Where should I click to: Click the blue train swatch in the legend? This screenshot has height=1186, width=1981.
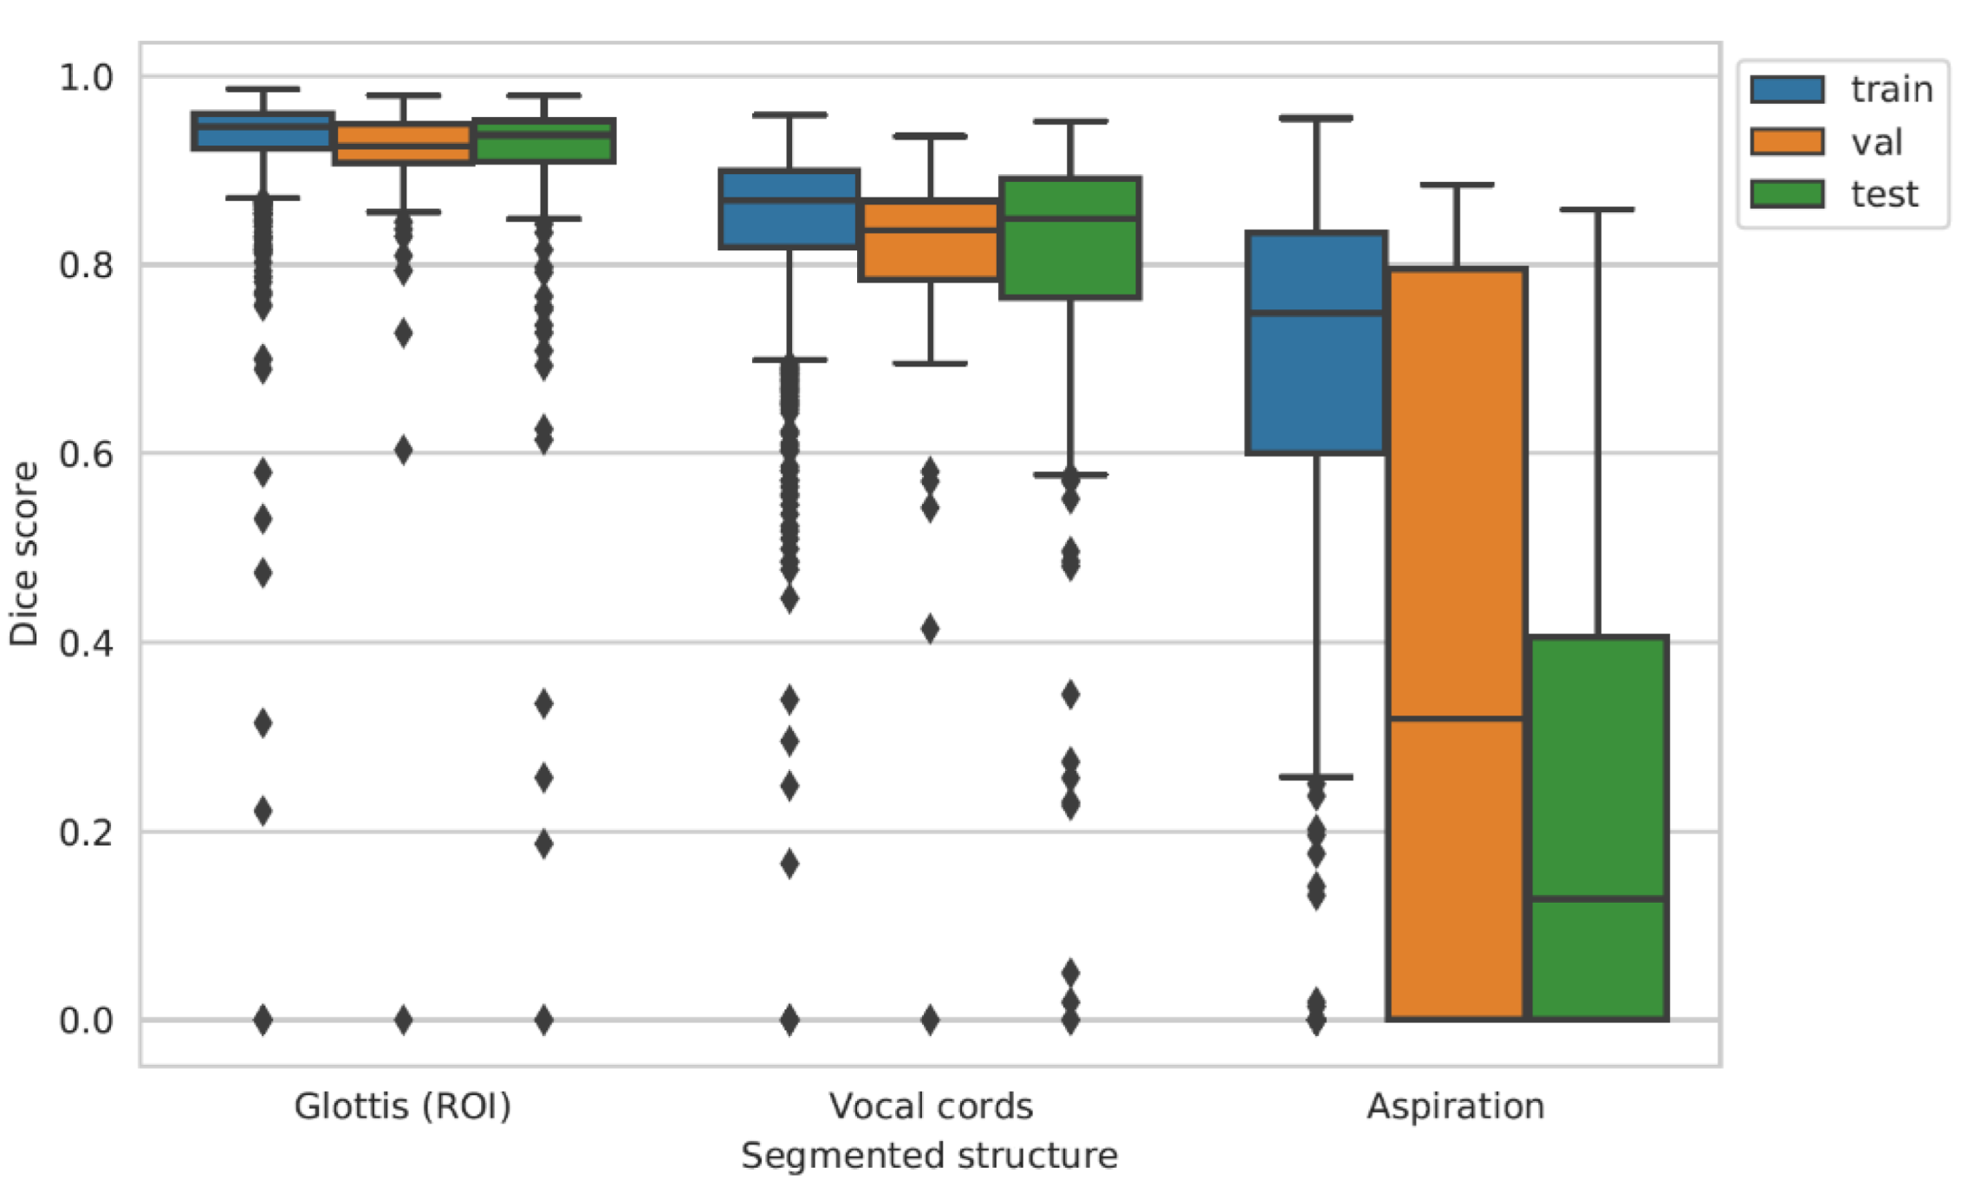pyautogui.click(x=1787, y=89)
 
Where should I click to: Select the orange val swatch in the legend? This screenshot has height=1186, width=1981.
pyautogui.click(x=1787, y=141)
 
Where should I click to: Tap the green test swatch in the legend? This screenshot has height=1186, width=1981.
pyautogui.click(x=1787, y=193)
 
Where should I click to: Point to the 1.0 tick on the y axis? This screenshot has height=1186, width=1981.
pyautogui.click(x=86, y=77)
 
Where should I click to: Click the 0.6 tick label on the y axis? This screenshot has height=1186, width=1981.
pyautogui.click(x=86, y=454)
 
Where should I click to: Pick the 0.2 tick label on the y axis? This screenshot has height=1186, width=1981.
pyautogui.click(x=86, y=833)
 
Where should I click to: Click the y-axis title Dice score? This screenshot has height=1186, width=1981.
pyautogui.click(x=24, y=554)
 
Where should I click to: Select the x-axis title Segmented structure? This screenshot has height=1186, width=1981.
pyautogui.click(x=929, y=1156)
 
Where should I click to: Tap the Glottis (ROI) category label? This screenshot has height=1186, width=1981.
pyautogui.click(x=403, y=1106)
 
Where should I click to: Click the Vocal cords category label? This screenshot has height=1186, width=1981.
pyautogui.click(x=931, y=1106)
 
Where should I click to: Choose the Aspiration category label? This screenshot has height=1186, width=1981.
pyautogui.click(x=1456, y=1106)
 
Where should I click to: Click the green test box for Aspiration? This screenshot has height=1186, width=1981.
pyautogui.click(x=1598, y=780)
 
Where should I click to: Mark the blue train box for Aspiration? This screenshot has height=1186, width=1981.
pyautogui.click(x=1316, y=390)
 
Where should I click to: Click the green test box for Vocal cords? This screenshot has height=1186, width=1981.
pyautogui.click(x=1070, y=260)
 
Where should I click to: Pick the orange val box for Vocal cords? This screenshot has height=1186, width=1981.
pyautogui.click(x=930, y=256)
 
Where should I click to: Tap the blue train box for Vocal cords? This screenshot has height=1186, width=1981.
pyautogui.click(x=789, y=225)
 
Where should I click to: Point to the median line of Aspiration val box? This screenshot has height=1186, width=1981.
pyautogui.click(x=1457, y=718)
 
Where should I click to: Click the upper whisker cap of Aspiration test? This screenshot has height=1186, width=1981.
pyautogui.click(x=1597, y=210)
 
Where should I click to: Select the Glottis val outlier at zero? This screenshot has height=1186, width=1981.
pyautogui.click(x=403, y=1020)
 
